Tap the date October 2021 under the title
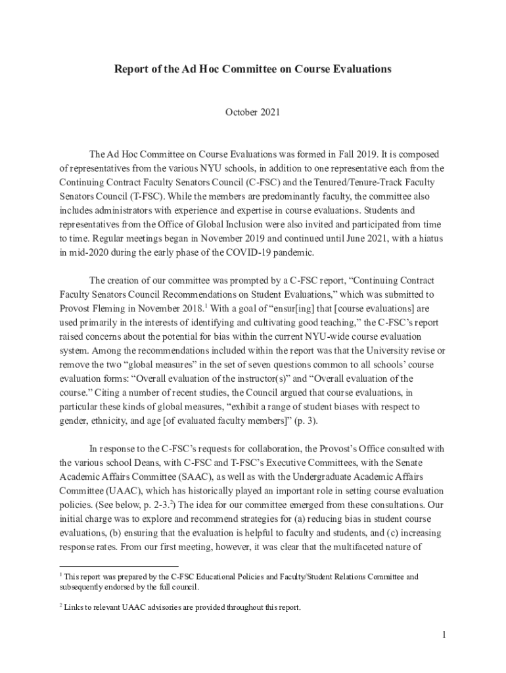253,112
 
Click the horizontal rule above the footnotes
119,566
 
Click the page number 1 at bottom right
444,634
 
